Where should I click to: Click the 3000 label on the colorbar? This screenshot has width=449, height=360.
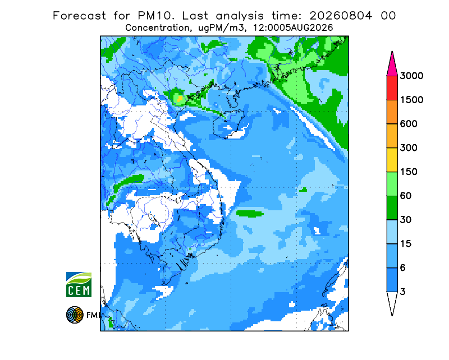(x=411, y=76)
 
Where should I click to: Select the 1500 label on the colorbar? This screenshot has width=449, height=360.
(x=411, y=100)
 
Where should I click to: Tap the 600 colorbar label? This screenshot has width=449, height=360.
(x=409, y=124)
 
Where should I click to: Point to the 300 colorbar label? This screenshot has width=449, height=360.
(x=409, y=148)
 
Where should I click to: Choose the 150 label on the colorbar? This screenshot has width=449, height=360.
(x=409, y=172)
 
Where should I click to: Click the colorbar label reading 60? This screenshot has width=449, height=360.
(x=406, y=196)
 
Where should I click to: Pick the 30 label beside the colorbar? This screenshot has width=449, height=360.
(x=406, y=220)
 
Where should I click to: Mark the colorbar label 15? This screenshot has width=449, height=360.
(x=406, y=244)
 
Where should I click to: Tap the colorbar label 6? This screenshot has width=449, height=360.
(x=403, y=268)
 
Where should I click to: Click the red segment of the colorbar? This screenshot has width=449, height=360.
(x=392, y=88)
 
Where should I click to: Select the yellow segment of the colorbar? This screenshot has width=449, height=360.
(x=392, y=160)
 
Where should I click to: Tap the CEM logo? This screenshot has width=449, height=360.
(x=79, y=285)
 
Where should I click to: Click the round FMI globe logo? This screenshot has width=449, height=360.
(x=75, y=315)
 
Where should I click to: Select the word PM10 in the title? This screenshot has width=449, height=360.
(x=156, y=16)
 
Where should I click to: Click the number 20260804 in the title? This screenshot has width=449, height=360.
(x=341, y=16)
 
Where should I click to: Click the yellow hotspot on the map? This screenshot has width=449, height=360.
(x=180, y=99)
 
